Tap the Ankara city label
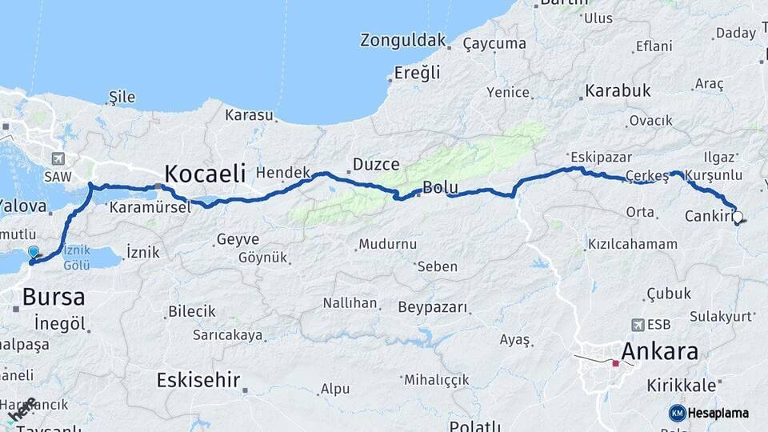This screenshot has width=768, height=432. pos(659,351)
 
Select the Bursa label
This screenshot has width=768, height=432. pos(54,297)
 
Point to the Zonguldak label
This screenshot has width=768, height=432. pos(402,40)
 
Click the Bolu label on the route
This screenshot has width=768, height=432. pos(441,189)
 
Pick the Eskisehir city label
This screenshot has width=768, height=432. pos(198,379)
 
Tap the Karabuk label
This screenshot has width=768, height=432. pos(618,90)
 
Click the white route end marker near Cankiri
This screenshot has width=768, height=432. pos(737,216)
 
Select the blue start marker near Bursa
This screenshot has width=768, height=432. pos(33,252)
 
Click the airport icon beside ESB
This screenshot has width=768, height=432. pos(638,324)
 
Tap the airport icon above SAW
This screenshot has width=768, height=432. pos(58,158)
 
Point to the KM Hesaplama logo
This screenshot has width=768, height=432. pos(709,413)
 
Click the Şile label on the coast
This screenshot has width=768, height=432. pos(122,98)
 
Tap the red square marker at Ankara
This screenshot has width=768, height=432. pos(615,363)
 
